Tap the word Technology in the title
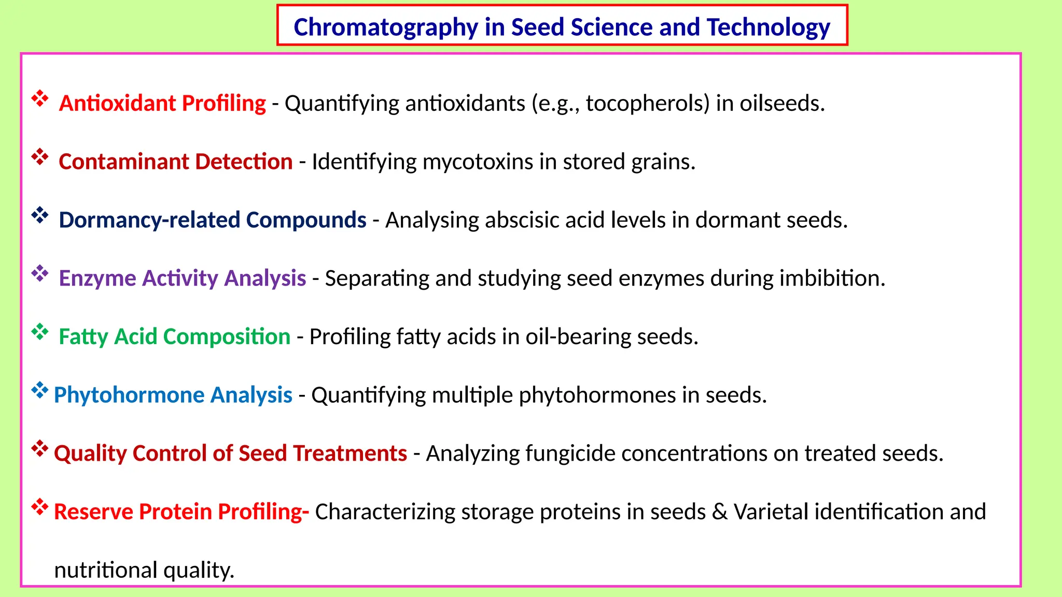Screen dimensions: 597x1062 pos(768,27)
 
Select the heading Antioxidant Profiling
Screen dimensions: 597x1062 pos(162,103)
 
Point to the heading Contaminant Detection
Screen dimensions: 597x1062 pos(175,162)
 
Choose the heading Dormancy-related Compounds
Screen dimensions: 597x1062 pos(212,220)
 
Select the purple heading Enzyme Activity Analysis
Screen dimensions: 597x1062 pos(182,278)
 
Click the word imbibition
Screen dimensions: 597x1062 pos(832,278)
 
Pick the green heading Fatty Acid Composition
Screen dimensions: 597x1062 pos(174,337)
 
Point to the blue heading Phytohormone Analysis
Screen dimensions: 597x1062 pos(173,395)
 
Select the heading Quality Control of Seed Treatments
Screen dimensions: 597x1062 pos(230,453)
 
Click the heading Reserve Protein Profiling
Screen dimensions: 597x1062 pos(181,511)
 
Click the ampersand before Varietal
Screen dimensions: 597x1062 pos(719,511)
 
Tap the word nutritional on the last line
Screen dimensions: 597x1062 pos(106,570)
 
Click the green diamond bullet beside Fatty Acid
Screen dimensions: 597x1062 pos(40,332)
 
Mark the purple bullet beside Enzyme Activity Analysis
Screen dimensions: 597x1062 pos(40,273)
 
